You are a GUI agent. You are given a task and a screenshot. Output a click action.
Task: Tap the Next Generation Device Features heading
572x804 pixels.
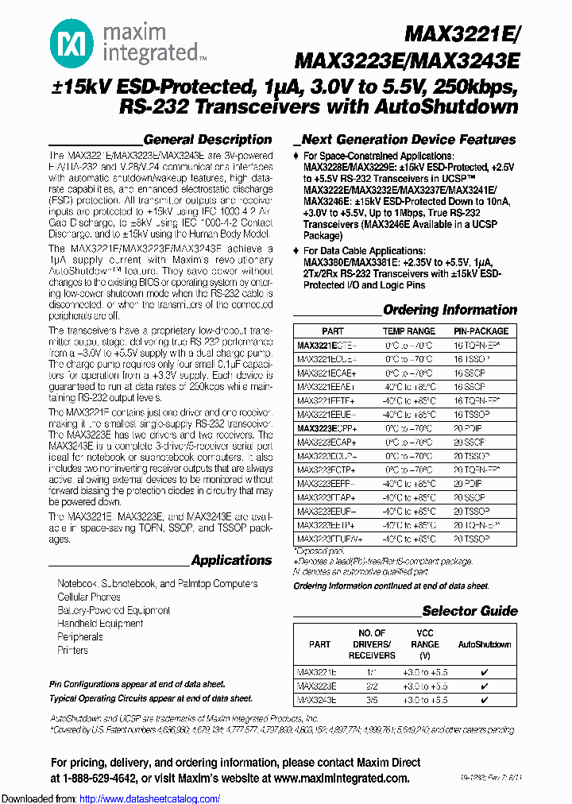408,139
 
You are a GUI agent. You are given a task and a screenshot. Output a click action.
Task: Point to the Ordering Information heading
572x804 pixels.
450,310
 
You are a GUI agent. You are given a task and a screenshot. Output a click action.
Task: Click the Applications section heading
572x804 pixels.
231,560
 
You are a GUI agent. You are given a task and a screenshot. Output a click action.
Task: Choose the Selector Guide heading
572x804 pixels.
470,611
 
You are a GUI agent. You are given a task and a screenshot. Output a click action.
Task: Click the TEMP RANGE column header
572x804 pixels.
409,330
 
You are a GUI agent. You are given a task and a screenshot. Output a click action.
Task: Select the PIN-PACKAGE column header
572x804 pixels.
481,330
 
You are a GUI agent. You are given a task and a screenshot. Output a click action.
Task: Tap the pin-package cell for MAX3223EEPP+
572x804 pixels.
470,482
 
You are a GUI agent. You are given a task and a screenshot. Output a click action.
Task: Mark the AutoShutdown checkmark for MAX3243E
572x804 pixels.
485,700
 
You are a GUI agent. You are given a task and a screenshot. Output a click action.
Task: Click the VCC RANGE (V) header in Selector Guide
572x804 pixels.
425,644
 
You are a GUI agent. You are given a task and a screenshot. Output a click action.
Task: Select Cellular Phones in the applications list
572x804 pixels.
89,597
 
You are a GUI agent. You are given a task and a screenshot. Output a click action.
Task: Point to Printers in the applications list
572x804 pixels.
73,650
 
